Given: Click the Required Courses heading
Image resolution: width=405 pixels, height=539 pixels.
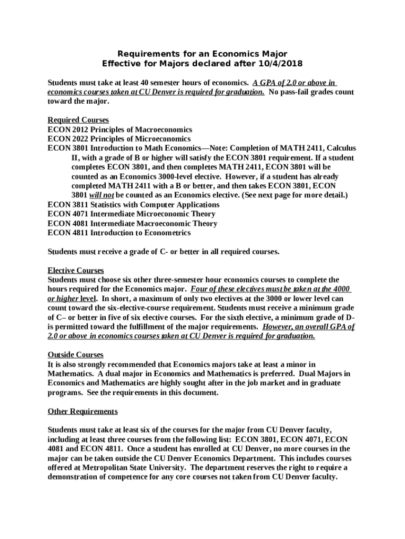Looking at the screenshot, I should pos(78,120).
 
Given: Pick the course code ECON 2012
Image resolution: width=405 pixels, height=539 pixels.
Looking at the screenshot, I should pos(68,129).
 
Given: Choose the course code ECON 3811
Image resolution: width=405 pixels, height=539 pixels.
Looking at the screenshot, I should pos(68,204).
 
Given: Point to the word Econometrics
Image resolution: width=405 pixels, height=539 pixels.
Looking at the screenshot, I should pos(164,233).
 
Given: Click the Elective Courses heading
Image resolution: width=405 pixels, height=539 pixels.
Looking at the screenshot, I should pos(76,271).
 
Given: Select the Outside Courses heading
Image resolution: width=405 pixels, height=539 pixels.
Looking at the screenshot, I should pos(76,355).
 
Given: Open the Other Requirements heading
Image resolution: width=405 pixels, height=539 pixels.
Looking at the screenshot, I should pos(83,411).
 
